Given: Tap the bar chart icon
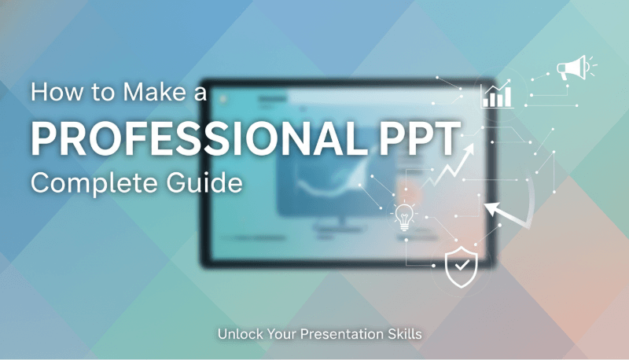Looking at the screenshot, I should coord(497,95).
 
